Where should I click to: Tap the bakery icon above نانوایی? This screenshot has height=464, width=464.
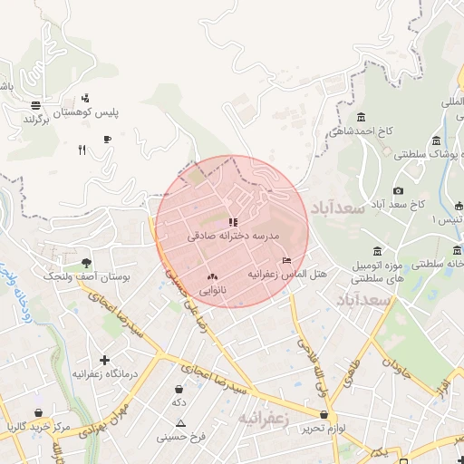[x=212, y=276]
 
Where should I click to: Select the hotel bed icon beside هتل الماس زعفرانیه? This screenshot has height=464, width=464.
[x=287, y=261]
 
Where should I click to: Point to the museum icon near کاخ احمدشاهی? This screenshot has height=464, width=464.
[x=362, y=117]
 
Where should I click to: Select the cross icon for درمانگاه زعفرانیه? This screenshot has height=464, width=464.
[x=105, y=360]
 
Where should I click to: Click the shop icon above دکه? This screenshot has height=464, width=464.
[x=180, y=388]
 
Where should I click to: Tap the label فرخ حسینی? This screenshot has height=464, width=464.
[x=181, y=437]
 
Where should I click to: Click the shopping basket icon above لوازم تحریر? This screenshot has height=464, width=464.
[x=324, y=414]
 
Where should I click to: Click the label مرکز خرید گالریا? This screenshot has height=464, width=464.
[x=35, y=426]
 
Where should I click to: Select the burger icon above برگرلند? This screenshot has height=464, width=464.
[x=34, y=104]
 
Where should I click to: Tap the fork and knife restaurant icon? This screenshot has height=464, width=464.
[x=82, y=150]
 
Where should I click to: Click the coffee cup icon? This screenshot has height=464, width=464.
[x=107, y=139]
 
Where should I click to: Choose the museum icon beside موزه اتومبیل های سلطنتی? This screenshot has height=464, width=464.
[x=378, y=251]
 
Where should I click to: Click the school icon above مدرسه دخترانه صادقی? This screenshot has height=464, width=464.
[x=233, y=220]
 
